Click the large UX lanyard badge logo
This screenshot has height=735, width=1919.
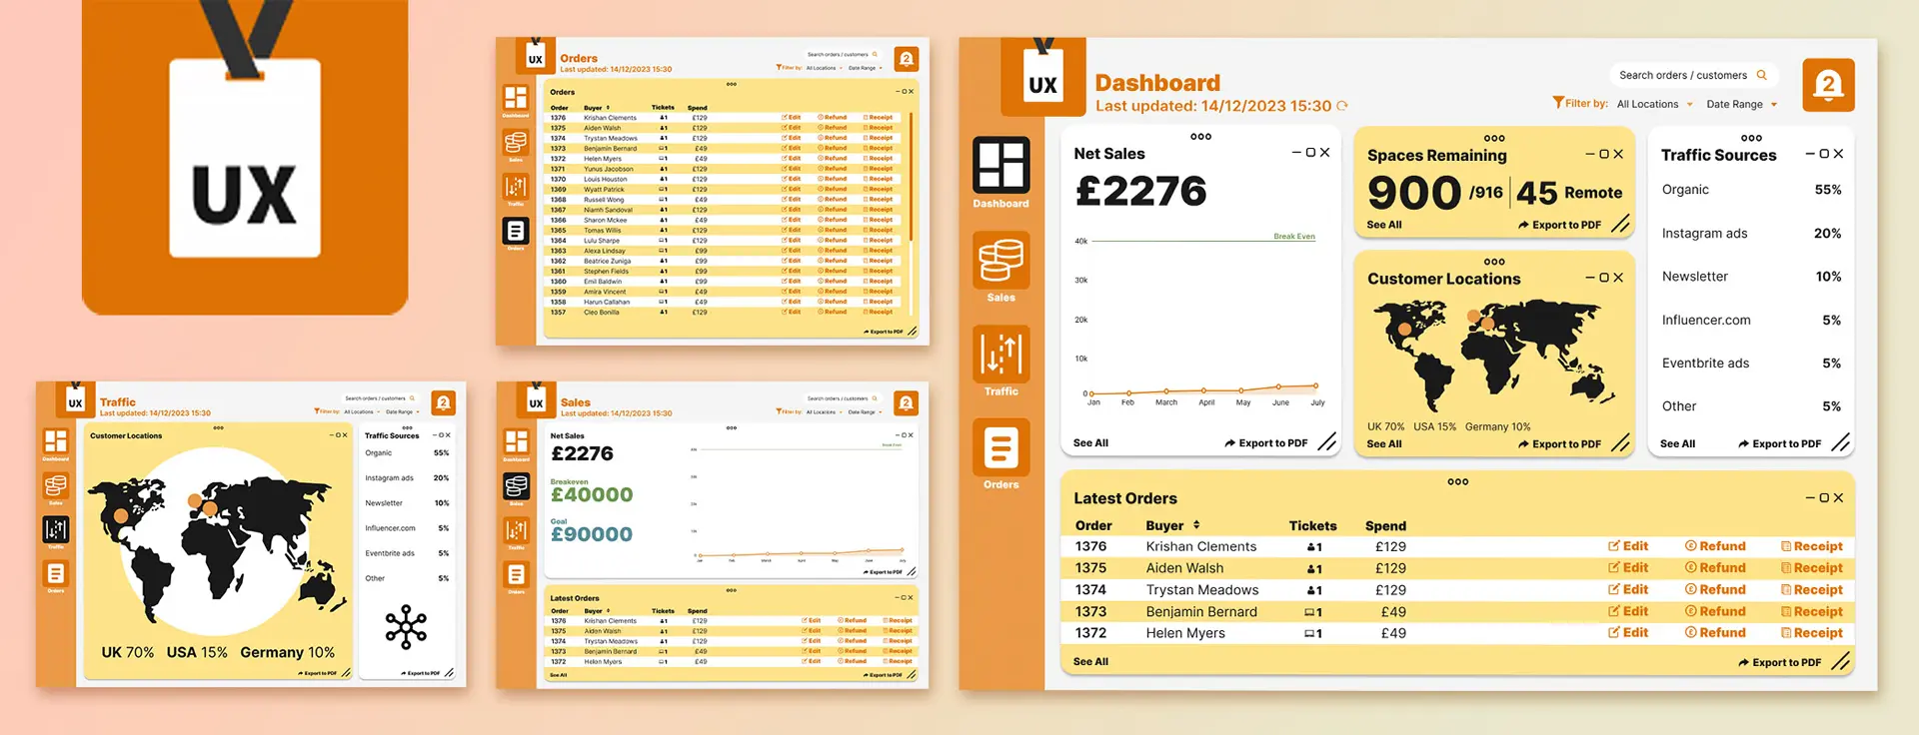tap(245, 158)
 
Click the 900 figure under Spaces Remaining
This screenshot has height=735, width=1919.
tap(1414, 192)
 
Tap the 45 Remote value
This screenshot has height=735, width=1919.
tap(1569, 193)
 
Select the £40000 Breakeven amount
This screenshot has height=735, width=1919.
tap(592, 495)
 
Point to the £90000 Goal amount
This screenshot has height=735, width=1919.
tap(592, 534)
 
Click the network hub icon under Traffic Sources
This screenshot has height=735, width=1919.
tap(406, 627)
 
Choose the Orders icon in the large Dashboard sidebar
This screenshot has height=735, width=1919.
tap(1000, 454)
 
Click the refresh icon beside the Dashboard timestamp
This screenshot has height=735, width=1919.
tap(1342, 106)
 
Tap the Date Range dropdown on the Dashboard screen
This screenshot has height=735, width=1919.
tap(1741, 104)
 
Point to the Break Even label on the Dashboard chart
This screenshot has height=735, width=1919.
tap(1293, 237)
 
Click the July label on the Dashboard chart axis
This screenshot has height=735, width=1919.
tap(1317, 402)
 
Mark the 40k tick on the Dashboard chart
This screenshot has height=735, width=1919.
tap(1080, 241)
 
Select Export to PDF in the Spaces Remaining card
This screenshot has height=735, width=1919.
tap(1560, 225)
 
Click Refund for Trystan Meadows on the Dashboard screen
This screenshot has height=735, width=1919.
tap(1715, 590)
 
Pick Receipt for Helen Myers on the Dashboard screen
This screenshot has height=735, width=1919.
tap(1811, 633)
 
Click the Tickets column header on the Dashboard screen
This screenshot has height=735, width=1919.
tap(1312, 526)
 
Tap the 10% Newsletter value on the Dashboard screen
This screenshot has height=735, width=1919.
tap(1828, 277)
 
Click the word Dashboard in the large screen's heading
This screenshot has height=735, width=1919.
tap(1157, 83)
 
